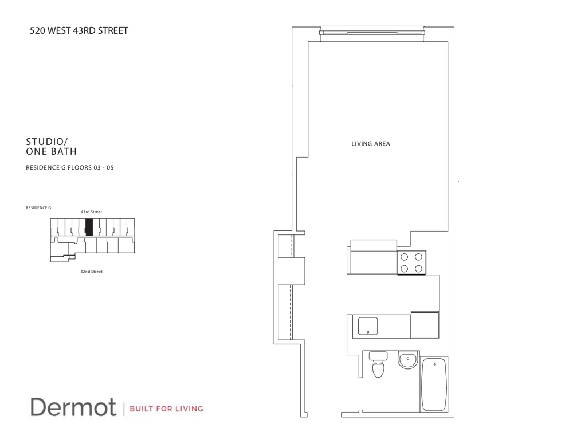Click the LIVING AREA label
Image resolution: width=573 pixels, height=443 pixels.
(x=370, y=144)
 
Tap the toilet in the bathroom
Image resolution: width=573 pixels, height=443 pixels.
(x=378, y=365)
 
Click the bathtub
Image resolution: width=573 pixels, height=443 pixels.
(x=434, y=384)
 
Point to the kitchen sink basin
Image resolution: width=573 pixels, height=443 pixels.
(x=367, y=326)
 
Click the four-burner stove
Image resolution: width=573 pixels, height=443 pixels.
(x=411, y=262)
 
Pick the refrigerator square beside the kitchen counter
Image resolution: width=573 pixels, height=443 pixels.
(x=425, y=326)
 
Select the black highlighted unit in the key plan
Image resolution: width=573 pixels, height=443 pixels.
(x=89, y=228)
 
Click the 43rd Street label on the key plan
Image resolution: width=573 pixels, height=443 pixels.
(x=91, y=212)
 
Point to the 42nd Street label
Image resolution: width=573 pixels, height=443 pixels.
(x=91, y=272)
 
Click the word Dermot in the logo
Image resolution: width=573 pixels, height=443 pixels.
(x=73, y=407)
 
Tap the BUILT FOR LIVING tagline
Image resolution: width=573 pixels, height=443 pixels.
(x=167, y=409)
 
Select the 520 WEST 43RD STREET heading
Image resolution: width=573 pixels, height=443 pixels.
(x=79, y=31)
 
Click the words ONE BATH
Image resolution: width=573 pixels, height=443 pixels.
(x=52, y=151)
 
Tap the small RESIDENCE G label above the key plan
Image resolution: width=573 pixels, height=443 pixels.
(x=38, y=207)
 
